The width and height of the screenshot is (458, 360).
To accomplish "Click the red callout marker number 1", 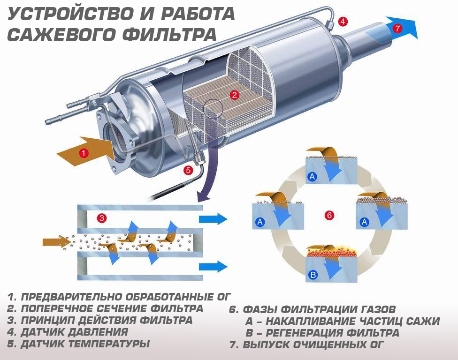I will tap(84, 153).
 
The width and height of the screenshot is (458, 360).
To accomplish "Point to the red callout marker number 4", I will tap(343, 22).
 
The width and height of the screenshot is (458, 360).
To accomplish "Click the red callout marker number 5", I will tap(188, 170).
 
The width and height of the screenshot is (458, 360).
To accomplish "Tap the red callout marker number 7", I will tap(397, 28).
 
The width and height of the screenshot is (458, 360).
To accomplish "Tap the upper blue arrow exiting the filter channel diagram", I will tap(212, 219).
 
